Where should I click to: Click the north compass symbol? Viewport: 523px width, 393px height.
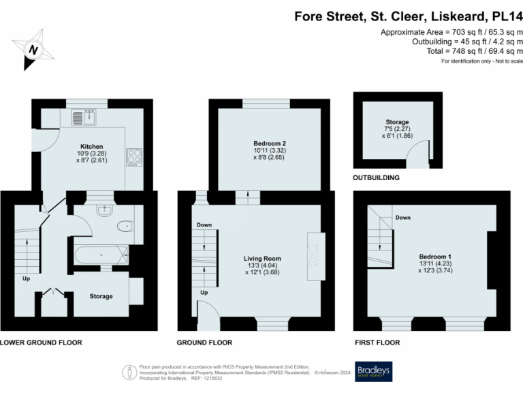pyautogui.click(x=32, y=49)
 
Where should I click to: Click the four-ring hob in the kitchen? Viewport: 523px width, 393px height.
pyautogui.click(x=133, y=157)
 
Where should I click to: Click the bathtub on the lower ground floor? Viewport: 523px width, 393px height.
pyautogui.click(x=101, y=257)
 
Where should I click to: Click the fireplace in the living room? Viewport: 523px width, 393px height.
pyautogui.click(x=315, y=255)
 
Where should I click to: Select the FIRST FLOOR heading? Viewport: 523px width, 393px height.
pyautogui.click(x=377, y=343)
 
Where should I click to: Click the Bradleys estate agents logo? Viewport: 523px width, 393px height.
pyautogui.click(x=373, y=371)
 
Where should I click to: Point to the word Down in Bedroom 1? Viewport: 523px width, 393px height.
pyautogui.click(x=403, y=218)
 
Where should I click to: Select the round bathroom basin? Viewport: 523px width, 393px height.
pyautogui.click(x=104, y=210)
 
